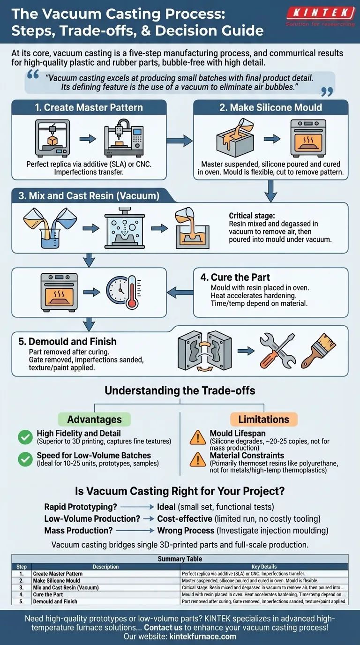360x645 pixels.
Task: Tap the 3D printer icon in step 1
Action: pyautogui.click(x=52, y=138)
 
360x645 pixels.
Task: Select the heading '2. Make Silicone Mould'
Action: pyautogui.click(x=270, y=107)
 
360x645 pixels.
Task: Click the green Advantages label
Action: pyautogui.click(x=94, y=420)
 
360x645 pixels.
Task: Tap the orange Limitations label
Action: pyautogui.click(x=264, y=420)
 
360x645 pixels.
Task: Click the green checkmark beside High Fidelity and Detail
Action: pyautogui.click(x=25, y=437)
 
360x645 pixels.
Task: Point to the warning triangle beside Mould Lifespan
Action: pyautogui.click(x=197, y=437)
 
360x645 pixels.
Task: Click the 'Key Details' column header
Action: pyautogui.click(x=264, y=567)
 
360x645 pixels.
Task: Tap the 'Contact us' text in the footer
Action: pyautogui.click(x=163, y=627)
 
